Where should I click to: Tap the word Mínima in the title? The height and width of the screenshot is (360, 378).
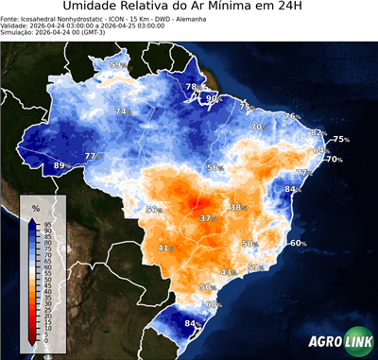(249, 9)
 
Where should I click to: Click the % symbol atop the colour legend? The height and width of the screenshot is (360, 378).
(35, 207)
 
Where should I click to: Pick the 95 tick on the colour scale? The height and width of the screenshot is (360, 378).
(47, 223)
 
